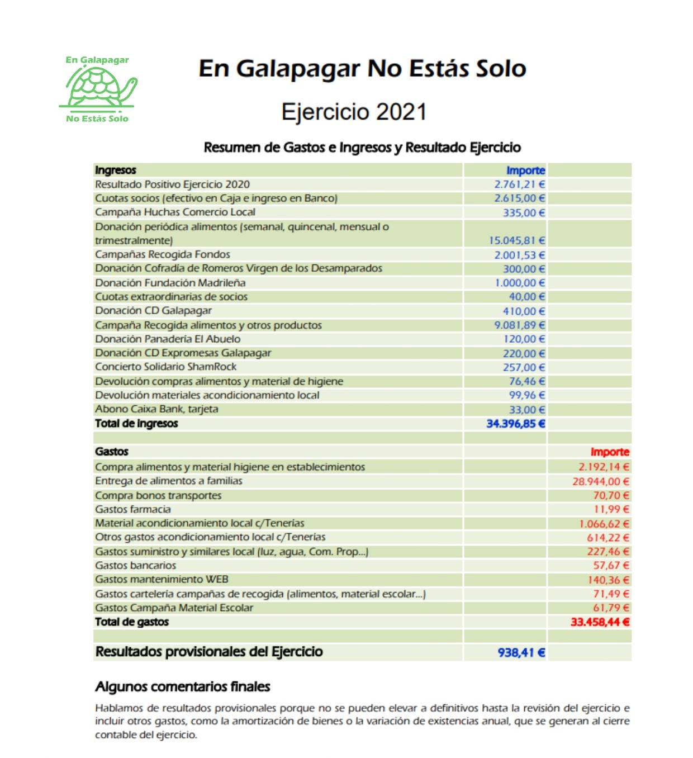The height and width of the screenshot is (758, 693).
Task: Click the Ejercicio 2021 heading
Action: (x=354, y=112)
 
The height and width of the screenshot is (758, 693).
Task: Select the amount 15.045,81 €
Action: (x=516, y=240)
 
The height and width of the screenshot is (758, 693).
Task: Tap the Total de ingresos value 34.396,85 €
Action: (x=515, y=424)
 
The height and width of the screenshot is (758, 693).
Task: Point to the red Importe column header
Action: (x=610, y=452)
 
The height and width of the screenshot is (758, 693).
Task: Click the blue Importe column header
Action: (x=525, y=170)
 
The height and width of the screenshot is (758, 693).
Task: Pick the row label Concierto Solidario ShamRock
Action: (x=166, y=367)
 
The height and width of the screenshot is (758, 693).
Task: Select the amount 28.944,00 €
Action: (x=600, y=481)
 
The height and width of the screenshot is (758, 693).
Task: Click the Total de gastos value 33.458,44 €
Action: (x=600, y=622)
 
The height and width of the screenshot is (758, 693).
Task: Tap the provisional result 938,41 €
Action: (x=521, y=652)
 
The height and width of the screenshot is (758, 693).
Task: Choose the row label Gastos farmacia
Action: (x=133, y=509)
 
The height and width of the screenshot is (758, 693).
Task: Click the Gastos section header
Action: (x=112, y=452)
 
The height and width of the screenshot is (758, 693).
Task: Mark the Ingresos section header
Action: (x=116, y=170)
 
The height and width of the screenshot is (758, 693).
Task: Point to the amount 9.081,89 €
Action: (x=519, y=325)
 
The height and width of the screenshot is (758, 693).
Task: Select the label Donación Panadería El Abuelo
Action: (x=168, y=339)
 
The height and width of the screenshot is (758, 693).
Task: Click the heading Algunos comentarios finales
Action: (x=183, y=686)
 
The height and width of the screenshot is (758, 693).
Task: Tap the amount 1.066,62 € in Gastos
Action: (x=604, y=524)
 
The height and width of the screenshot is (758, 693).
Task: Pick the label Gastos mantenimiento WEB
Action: (x=162, y=580)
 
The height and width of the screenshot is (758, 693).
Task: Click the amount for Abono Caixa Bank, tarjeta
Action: (x=526, y=410)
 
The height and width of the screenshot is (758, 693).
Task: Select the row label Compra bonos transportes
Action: (x=158, y=495)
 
